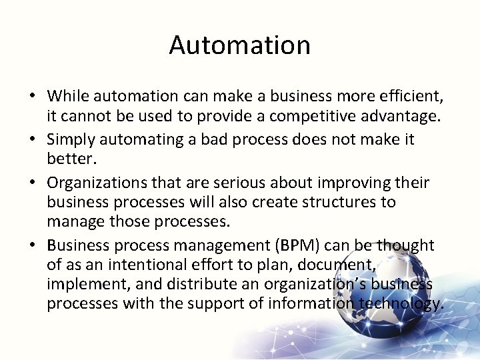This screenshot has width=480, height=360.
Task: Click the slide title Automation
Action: point(240,45)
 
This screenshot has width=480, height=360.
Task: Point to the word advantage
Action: point(407,116)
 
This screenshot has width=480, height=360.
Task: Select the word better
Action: point(69,159)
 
